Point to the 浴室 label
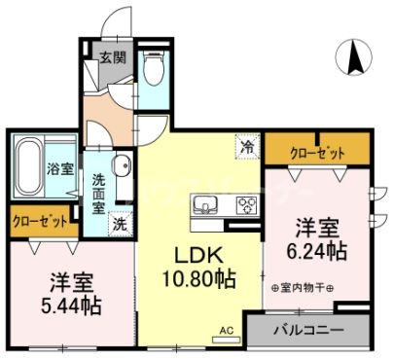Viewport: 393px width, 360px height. [x=60, y=168]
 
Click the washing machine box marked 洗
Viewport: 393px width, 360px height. [x=119, y=221]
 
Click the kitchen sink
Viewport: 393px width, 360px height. [x=206, y=204]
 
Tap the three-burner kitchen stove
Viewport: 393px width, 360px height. [x=242, y=205]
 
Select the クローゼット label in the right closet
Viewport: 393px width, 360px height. [x=317, y=151]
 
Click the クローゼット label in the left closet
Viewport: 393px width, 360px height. [x=40, y=221]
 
